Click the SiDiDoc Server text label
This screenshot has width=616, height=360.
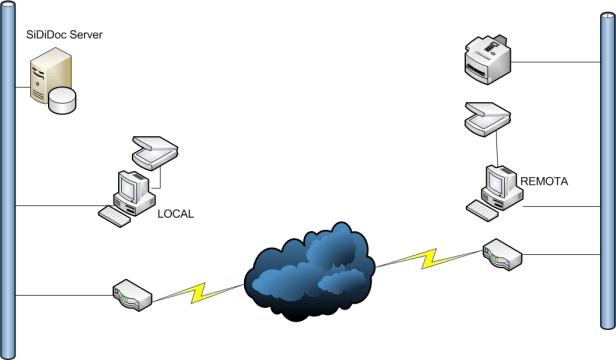click(64, 35)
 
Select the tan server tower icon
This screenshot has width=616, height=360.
click(49, 75)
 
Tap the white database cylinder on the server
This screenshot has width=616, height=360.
click(62, 101)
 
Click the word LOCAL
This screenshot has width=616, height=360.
click(176, 214)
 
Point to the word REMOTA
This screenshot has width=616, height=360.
click(544, 181)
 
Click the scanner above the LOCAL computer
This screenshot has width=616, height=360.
click(155, 152)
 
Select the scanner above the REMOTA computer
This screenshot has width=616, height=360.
click(488, 119)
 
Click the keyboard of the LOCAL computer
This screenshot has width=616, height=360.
click(114, 217)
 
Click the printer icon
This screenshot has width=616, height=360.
click(488, 59)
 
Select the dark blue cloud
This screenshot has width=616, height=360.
click(309, 272)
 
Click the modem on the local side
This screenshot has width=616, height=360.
click(132, 296)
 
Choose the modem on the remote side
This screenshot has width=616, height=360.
click(502, 255)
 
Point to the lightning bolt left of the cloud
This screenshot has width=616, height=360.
click(198, 293)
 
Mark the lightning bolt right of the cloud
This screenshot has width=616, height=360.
click(429, 259)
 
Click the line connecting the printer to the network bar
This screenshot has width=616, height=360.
click(556, 62)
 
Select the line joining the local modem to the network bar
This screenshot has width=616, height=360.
click(64, 296)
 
